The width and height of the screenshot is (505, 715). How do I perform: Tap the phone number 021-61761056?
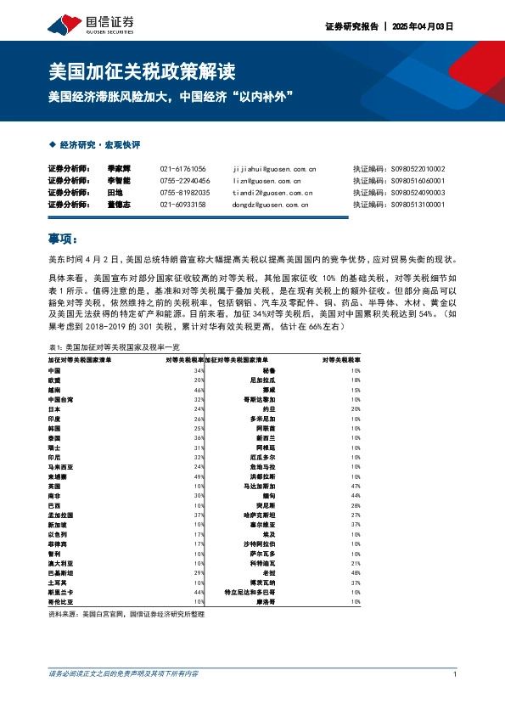point(182,169)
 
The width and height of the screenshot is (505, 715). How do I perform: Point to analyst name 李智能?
point(119,181)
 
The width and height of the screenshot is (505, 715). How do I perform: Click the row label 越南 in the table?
point(54,390)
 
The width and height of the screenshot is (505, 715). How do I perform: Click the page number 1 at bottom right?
point(456,675)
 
